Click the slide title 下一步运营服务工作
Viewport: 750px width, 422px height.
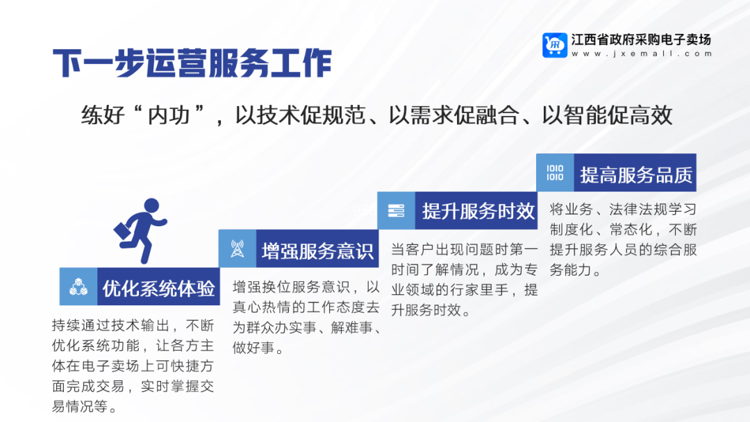tap(192, 63)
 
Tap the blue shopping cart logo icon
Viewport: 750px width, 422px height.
tap(555, 45)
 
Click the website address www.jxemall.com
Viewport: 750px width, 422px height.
tap(642, 53)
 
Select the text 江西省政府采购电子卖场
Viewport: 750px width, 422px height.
tap(642, 39)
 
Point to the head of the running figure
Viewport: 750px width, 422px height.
tap(151, 205)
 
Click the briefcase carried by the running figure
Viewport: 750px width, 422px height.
tap(122, 231)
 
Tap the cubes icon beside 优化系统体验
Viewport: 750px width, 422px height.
tap(78, 287)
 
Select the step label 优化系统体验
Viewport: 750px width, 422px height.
tap(159, 288)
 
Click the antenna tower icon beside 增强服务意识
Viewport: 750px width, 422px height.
tap(237, 249)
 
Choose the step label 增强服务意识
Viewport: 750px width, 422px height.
tap(317, 251)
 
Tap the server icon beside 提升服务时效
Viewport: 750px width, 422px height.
tap(396, 211)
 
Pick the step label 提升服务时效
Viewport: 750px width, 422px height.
tap(478, 211)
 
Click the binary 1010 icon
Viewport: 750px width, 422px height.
tap(555, 173)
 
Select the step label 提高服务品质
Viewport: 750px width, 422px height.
tap(636, 175)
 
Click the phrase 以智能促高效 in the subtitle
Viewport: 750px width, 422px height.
tap(608, 115)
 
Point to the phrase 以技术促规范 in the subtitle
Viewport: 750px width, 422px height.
tap(301, 115)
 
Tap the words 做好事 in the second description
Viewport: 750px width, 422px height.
tap(253, 348)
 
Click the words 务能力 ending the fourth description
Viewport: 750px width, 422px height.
tap(571, 270)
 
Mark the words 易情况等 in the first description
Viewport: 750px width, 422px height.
tap(79, 406)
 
